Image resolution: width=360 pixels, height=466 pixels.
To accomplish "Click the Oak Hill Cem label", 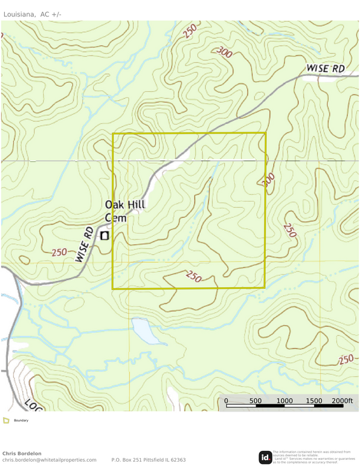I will [124, 211].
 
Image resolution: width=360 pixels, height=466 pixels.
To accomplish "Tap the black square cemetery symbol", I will [104, 236].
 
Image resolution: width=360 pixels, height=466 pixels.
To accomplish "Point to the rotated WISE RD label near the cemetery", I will [84, 244].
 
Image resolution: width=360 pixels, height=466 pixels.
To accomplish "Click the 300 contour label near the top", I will [223, 53].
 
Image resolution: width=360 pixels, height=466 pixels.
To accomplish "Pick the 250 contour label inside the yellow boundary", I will [193, 276].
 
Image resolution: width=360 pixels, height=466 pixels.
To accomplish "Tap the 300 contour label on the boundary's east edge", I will [268, 180].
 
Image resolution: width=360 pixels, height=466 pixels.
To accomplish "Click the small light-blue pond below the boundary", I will [143, 329].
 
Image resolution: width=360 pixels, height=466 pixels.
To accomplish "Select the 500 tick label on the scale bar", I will [255, 401].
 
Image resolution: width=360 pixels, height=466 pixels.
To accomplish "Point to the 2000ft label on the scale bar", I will [342, 401].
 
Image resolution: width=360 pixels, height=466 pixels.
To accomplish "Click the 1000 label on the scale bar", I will [284, 401].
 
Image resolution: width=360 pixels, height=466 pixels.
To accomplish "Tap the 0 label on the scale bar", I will [227, 401].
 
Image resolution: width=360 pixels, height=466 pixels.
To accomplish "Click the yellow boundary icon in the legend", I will [6, 420].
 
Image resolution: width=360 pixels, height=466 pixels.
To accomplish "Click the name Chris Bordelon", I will [22, 453].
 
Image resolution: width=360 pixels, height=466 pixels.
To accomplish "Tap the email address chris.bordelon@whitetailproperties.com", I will [49, 460].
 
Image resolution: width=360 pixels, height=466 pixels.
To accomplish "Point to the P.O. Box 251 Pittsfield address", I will [148, 460].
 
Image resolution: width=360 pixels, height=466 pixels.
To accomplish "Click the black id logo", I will [265, 458].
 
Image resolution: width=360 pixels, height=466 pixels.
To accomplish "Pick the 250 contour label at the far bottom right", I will [345, 360].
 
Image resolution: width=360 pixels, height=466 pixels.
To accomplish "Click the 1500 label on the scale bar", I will [314, 401].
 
